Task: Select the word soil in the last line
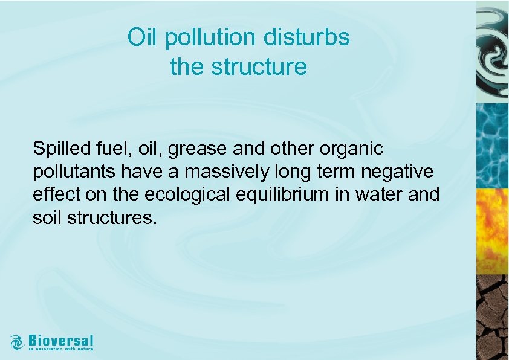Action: coord(46,217)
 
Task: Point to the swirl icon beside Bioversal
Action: coord(17,341)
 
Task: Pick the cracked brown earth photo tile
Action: coord(492,317)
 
